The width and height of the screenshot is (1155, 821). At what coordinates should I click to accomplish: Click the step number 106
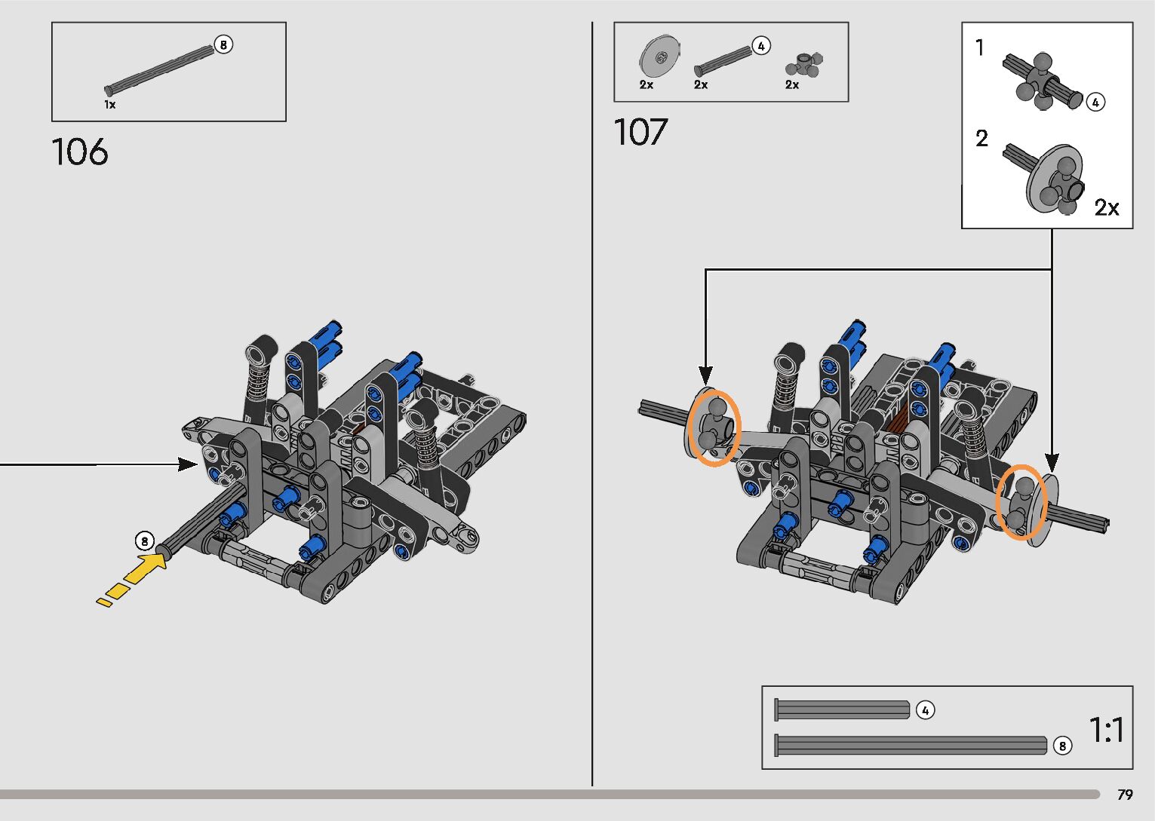80,152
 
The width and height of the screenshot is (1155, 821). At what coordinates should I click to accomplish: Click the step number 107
640,132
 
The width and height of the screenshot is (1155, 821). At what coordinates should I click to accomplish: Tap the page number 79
1125,794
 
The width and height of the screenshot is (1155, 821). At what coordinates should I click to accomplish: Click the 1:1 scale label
1107,730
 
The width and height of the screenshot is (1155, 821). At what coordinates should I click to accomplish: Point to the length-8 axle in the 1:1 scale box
911,746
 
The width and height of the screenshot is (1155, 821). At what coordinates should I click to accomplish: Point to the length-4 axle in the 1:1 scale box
842,709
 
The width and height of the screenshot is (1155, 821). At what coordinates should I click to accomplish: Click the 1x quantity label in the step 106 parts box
110,105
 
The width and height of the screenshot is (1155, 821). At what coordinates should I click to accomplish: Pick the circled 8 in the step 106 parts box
223,44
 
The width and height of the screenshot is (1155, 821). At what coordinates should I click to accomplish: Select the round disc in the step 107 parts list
659,57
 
